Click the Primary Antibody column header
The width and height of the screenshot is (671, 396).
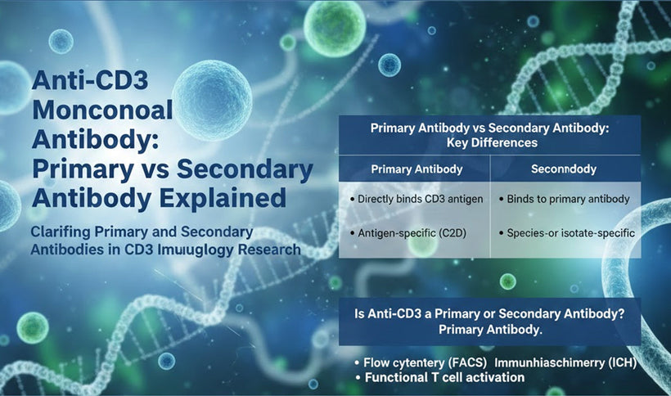click(417, 169)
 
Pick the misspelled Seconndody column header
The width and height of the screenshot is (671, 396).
click(563, 169)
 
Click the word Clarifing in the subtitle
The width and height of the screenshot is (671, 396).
click(61, 232)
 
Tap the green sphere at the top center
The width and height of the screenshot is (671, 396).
click(334, 26)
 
